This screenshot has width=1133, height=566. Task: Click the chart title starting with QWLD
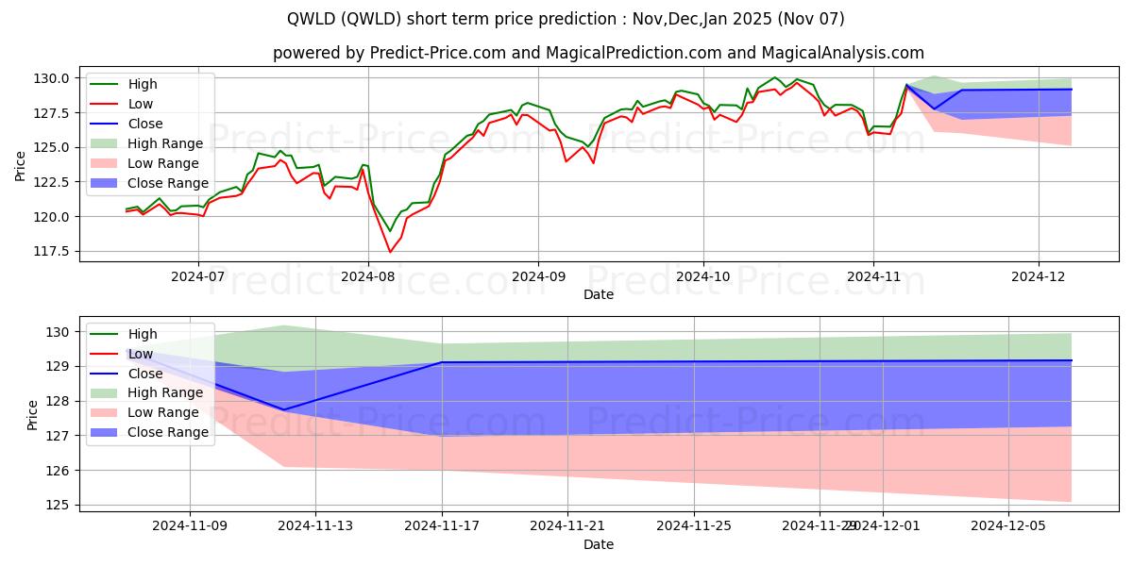[x=566, y=19]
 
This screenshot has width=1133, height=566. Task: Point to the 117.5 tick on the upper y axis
[x=53, y=251]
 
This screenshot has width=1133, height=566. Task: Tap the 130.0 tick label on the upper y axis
[x=53, y=77]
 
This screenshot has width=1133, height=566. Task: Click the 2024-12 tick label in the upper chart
[x=1039, y=277]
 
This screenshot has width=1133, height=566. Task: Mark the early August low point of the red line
[x=390, y=252]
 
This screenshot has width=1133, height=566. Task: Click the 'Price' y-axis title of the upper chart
[x=21, y=164]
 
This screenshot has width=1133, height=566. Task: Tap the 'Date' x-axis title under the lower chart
[x=599, y=544]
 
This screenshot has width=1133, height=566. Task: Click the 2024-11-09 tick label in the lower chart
[x=190, y=526]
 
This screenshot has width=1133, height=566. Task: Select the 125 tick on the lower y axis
[x=59, y=505]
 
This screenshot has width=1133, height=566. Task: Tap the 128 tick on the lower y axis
[x=59, y=401]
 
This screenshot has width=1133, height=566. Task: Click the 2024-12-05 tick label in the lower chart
[x=1008, y=526]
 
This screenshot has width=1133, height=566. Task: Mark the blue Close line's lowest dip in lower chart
[x=284, y=409]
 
